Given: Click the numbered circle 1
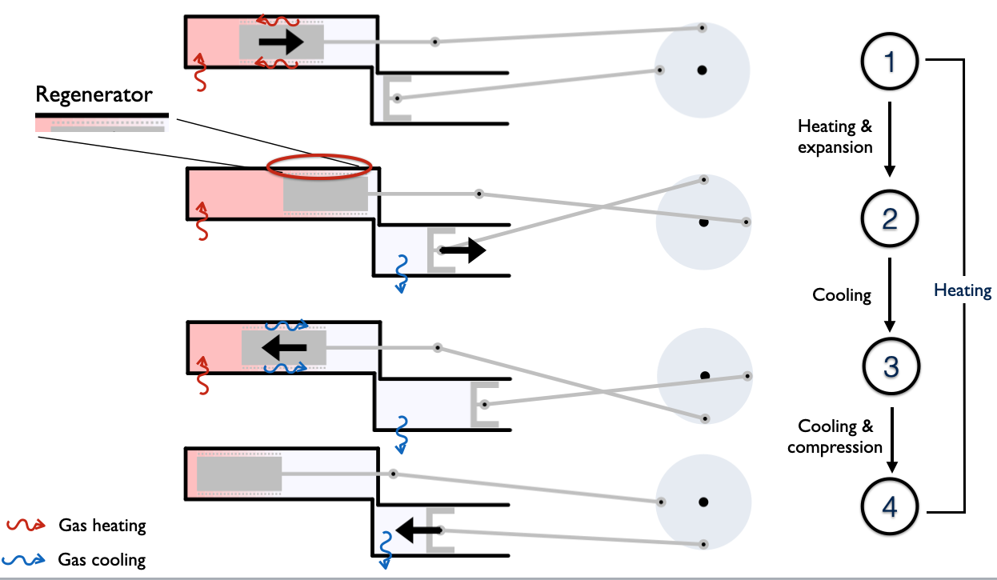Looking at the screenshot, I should point(891,62).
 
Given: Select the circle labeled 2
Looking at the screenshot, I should point(891,218).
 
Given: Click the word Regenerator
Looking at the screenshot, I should point(94,95).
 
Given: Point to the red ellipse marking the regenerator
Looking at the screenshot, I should point(319,166).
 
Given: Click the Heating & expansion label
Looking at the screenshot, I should point(835,137).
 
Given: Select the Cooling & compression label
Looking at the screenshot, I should point(835,437).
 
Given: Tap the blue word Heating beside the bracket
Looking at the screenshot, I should point(963,290).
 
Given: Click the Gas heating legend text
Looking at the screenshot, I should point(102,526).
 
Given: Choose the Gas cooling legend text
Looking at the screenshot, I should point(102,558).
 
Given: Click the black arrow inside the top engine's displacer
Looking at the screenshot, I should point(281,41).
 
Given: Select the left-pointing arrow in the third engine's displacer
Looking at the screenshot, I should point(285,347).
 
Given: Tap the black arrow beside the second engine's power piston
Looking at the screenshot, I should point(462,250).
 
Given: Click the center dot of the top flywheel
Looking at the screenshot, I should point(702,70).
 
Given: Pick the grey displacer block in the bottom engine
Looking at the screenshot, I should point(238,474).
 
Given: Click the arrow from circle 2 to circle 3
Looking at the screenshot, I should point(890,293).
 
